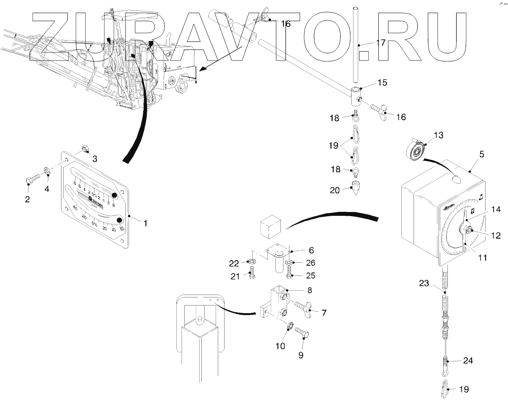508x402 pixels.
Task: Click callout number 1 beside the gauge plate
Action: tap(145, 223)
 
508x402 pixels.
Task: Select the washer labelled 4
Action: tap(47, 171)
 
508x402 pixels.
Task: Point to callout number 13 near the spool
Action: tap(438, 135)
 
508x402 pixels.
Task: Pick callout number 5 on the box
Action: tap(481, 155)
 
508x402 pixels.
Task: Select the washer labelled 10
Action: tap(290, 326)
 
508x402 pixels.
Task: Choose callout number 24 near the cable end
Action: tap(468, 361)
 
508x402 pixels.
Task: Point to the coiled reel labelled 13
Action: tap(417, 149)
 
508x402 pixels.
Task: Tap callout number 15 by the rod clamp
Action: tap(382, 83)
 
